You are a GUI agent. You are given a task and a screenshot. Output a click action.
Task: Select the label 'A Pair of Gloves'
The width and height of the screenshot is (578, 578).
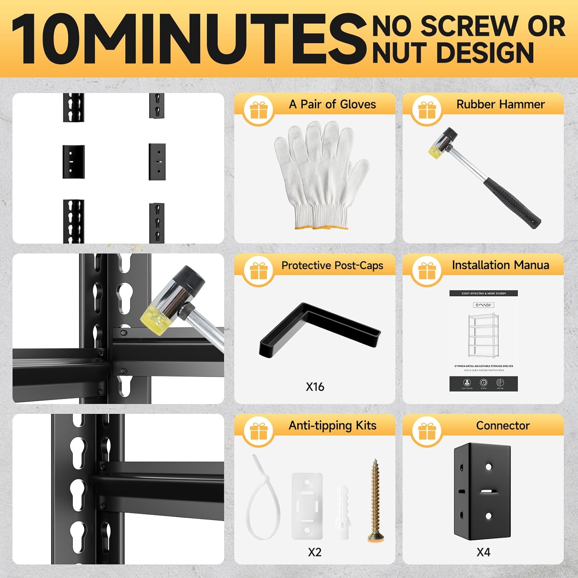pos(332,104)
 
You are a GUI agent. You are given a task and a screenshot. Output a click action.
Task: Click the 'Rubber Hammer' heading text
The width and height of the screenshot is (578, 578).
pos(500,104)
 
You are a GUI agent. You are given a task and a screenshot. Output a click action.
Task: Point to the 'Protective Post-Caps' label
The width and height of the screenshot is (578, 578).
pos(332,265)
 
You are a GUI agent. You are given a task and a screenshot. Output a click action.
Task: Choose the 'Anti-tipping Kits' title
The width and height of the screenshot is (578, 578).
pos(332,425)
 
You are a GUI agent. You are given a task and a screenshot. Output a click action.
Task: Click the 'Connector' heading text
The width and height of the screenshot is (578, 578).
pos(502,425)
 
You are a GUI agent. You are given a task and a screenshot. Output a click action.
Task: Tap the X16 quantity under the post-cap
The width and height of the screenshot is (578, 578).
pos(315,387)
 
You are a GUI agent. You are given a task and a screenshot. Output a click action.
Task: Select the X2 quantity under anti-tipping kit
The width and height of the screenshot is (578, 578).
pos(314,552)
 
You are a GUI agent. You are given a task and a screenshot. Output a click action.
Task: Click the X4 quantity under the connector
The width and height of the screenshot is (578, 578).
pos(483,552)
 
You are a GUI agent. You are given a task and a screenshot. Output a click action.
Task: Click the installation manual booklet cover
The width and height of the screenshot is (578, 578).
pos(483,341)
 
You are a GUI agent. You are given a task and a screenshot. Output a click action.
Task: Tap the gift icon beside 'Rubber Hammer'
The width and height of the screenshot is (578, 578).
pos(427,110)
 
